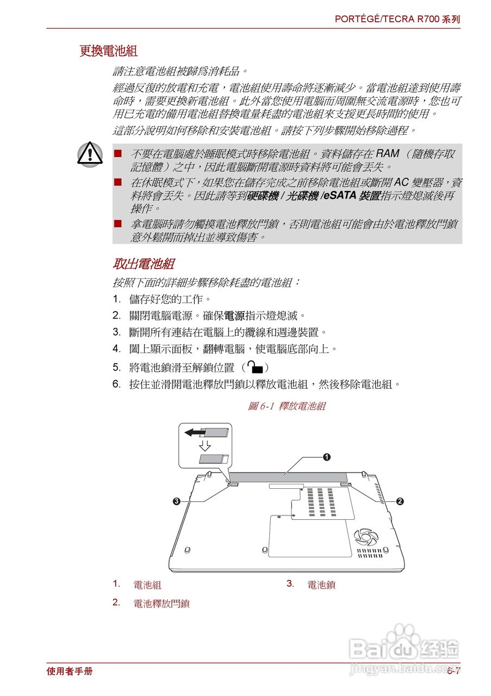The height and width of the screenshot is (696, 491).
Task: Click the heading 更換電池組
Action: [x=108, y=51]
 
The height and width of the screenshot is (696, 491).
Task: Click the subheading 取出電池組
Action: [x=143, y=264]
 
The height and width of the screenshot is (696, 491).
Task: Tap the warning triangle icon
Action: [x=90, y=153]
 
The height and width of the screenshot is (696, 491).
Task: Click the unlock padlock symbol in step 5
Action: [x=254, y=367]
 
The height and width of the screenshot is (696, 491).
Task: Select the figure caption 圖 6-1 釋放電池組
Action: [x=286, y=406]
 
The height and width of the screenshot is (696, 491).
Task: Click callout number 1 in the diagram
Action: [x=326, y=457]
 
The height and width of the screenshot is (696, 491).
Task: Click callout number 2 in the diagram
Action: [x=400, y=501]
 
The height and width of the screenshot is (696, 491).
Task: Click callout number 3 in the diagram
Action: [x=177, y=501]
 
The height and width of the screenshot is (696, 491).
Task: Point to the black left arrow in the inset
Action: [x=194, y=433]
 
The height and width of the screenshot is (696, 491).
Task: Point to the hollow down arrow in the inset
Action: [x=205, y=446]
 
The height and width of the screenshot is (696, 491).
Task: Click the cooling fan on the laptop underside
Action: [x=365, y=537]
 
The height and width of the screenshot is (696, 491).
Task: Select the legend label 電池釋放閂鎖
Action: [x=161, y=603]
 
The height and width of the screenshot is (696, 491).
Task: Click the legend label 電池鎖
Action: [x=321, y=585]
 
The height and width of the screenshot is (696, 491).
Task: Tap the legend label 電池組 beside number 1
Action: [x=147, y=585]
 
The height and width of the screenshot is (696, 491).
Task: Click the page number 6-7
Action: [x=453, y=671]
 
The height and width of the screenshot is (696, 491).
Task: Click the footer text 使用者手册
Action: [x=70, y=671]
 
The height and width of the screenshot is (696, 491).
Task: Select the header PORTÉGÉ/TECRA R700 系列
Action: [x=397, y=19]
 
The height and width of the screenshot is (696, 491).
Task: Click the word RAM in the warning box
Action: [x=387, y=153]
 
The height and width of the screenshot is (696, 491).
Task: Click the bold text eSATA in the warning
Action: [x=340, y=196]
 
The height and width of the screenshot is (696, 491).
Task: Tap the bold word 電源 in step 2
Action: [x=234, y=315]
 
